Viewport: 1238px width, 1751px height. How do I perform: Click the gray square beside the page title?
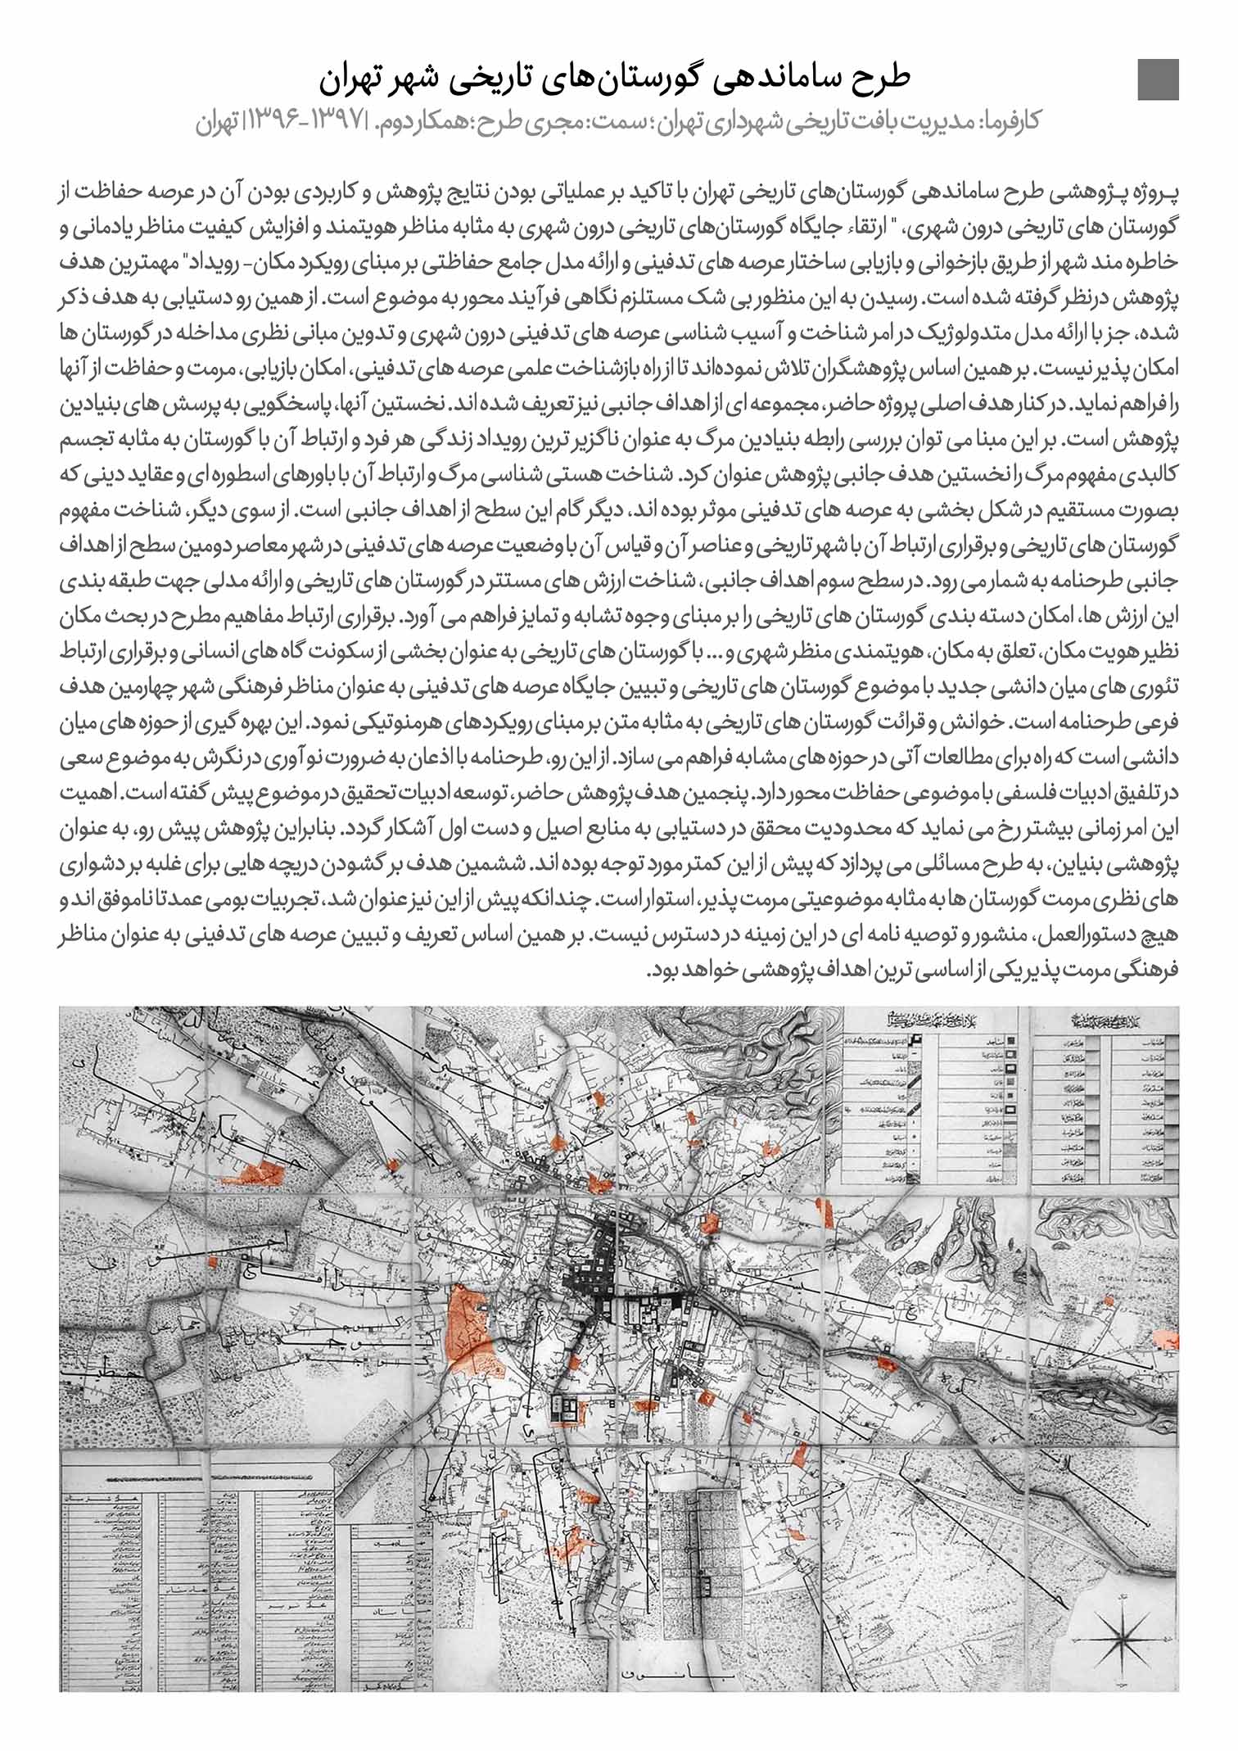point(1158,80)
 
